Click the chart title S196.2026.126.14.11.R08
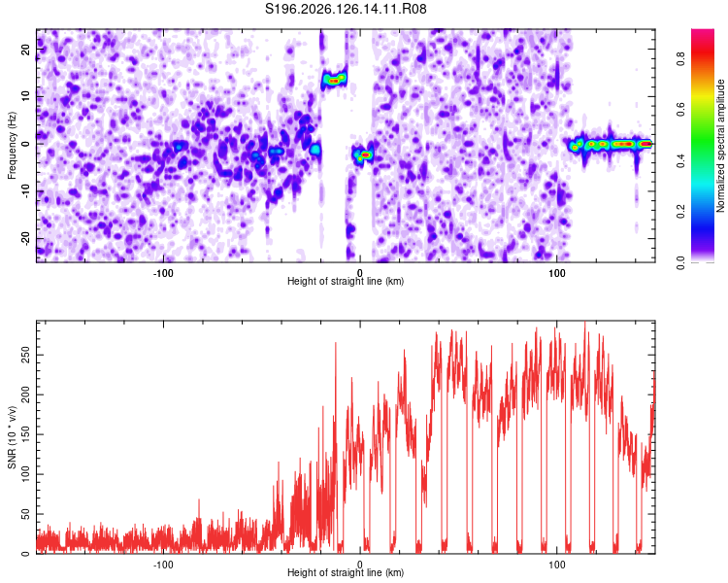[x=346, y=9]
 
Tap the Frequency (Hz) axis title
[x=12, y=146]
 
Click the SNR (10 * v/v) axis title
[x=12, y=437]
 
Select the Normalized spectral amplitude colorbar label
[x=720, y=146]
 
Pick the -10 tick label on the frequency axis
[x=25, y=191]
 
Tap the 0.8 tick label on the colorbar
[x=680, y=58]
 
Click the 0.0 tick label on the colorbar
[x=680, y=262]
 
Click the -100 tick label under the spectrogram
[x=162, y=273]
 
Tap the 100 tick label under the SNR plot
[x=557, y=565]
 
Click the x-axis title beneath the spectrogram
[x=346, y=281]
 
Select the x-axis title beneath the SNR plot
[x=346, y=572]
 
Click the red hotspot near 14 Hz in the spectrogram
[x=333, y=81]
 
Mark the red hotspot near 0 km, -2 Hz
[x=365, y=154]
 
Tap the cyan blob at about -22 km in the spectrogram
[x=315, y=150]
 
